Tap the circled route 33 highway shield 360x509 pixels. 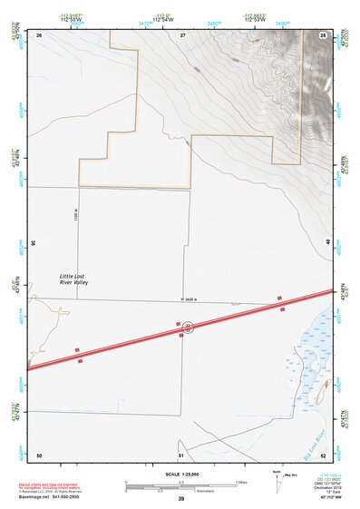(x=187, y=327)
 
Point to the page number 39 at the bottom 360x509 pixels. (x=181, y=499)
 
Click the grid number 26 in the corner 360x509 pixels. (x=39, y=34)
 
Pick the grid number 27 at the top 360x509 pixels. (x=182, y=34)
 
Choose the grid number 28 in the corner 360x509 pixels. (x=324, y=34)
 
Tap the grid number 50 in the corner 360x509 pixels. (x=39, y=454)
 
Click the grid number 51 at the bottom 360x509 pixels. (x=181, y=454)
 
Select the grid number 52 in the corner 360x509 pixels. (x=324, y=454)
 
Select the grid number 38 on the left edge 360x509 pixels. (x=33, y=243)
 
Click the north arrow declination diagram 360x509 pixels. (x=277, y=480)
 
